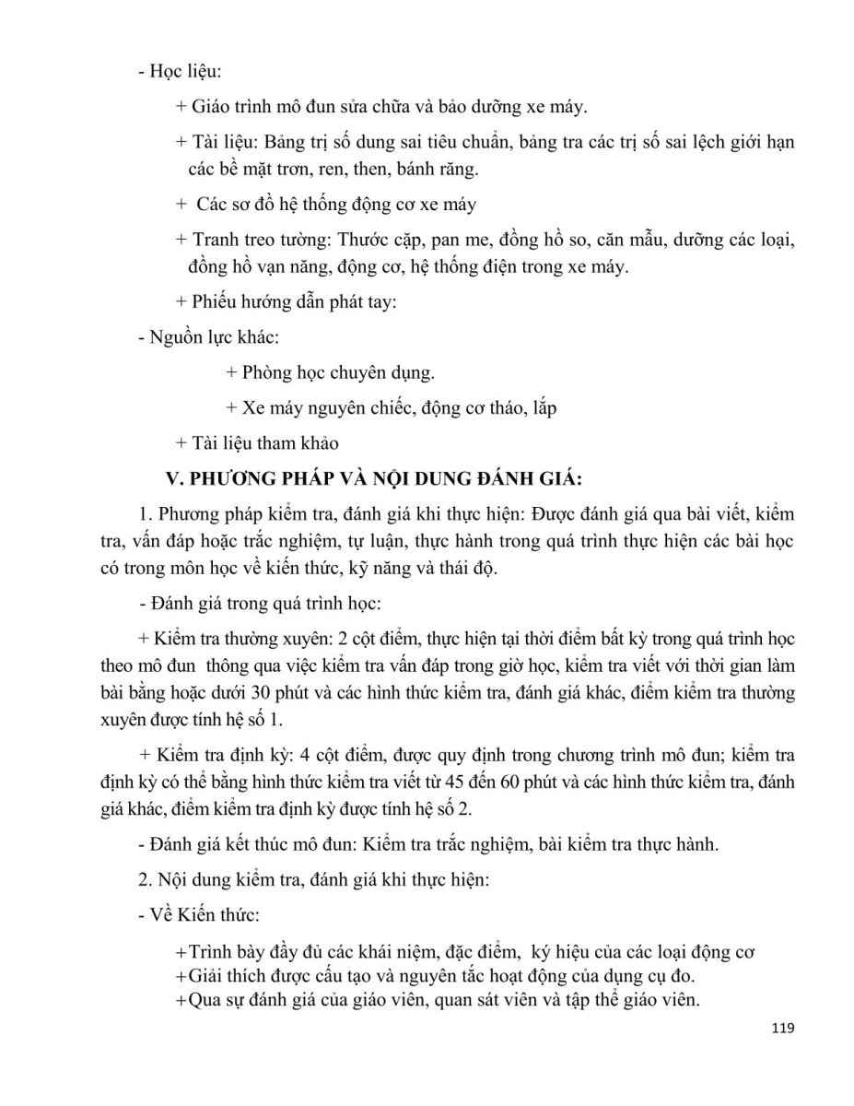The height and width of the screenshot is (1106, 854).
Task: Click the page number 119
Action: (780, 1028)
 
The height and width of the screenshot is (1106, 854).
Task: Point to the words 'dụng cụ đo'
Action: (658, 976)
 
